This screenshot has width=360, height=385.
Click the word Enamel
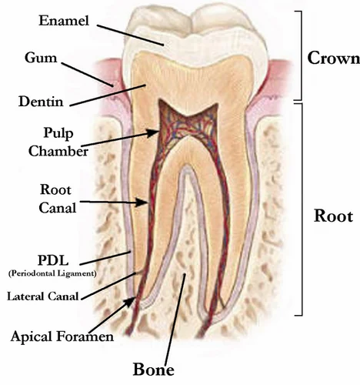[64, 21]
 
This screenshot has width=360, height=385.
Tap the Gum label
[41, 58]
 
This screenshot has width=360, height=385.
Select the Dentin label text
[41, 102]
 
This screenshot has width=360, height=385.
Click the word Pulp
[58, 133]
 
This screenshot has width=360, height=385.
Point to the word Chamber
[58, 151]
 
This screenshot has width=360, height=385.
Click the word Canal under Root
[58, 208]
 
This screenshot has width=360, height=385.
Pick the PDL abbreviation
[53, 260]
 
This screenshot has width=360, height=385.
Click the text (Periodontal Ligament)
[52, 273]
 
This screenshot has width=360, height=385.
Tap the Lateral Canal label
[42, 296]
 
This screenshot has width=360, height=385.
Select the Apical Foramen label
[62, 336]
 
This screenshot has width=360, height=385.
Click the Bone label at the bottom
[154, 370]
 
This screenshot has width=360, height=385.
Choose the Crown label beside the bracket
[334, 58]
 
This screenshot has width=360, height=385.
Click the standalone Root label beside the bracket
[333, 216]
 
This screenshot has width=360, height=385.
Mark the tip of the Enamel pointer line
[164, 45]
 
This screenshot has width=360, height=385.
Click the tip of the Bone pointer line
[185, 274]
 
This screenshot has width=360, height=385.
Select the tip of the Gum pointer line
[113, 86]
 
